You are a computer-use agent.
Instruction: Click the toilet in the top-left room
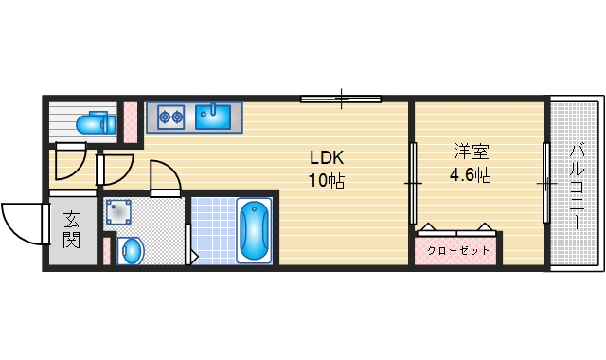[94, 123]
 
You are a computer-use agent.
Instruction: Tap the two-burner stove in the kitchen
[170, 117]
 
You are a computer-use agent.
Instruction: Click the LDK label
[323, 157]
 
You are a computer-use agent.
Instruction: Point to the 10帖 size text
[323, 179]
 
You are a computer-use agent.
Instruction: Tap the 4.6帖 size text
[469, 175]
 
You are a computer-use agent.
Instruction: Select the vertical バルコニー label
[577, 186]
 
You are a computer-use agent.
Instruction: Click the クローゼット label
[459, 250]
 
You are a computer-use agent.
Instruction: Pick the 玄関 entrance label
[72, 229]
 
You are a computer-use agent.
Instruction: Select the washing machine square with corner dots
[118, 211]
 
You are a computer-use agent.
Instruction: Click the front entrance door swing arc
[21, 224]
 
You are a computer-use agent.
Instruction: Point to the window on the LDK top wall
[341, 98]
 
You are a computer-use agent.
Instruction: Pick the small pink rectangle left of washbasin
[106, 251]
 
